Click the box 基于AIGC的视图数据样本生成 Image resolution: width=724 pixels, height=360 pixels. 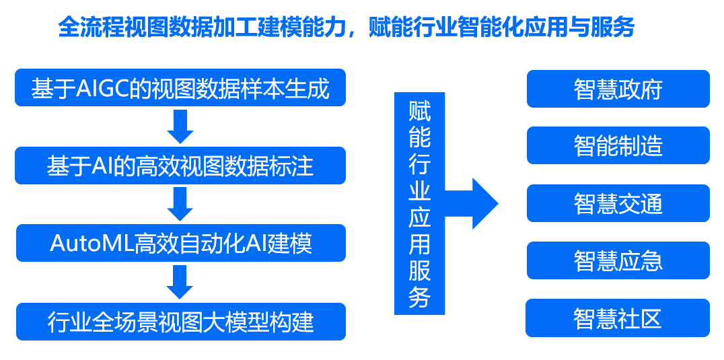tap(180, 87)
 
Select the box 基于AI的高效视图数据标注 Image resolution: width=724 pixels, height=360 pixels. tap(180, 166)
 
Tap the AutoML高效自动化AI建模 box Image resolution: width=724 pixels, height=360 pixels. tap(181, 243)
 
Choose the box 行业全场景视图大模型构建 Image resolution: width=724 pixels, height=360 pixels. tap(181, 322)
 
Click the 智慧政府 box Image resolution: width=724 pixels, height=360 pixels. tap(618, 89)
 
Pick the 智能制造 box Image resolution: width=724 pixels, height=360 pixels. tap(618, 145)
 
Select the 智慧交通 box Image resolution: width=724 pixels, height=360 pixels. tap(618, 203)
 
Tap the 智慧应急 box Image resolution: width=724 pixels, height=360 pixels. tap(618, 260)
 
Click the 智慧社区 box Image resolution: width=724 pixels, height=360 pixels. tap(618, 318)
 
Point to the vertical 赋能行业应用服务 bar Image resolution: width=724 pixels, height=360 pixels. tap(419, 203)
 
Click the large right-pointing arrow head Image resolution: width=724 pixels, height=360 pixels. tap(485, 203)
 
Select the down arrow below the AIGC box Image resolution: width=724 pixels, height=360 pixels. tap(180, 127)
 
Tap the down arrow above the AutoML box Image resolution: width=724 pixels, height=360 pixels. tap(180, 204)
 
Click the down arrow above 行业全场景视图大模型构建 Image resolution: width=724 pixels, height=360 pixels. tap(180, 282)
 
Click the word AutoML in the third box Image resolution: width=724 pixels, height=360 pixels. tap(92, 244)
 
